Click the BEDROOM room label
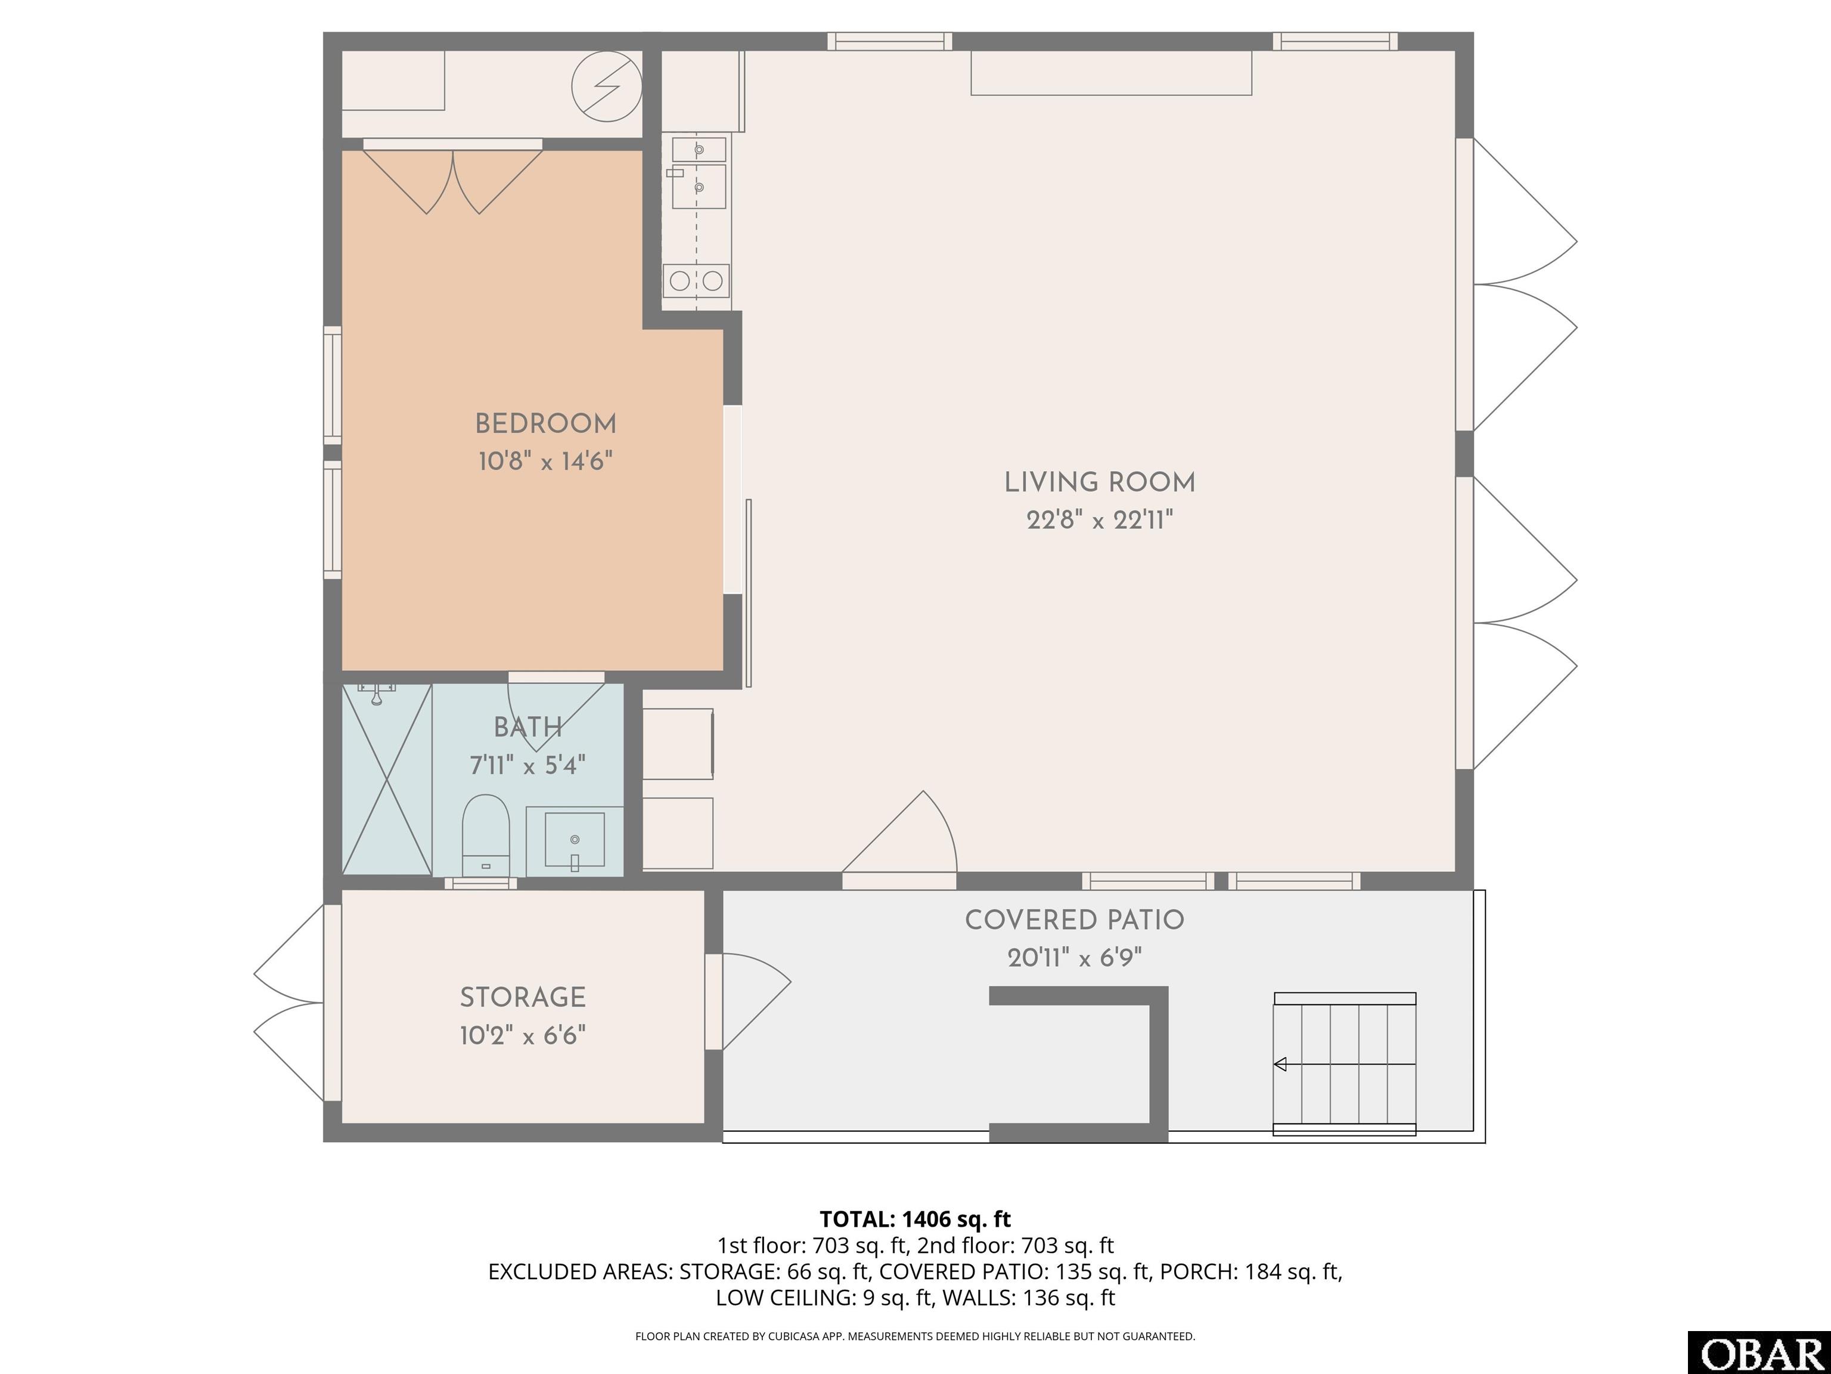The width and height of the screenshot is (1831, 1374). [545, 424]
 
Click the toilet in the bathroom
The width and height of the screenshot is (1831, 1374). [485, 835]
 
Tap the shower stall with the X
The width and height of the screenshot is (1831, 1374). [387, 779]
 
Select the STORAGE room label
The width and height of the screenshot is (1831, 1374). [523, 997]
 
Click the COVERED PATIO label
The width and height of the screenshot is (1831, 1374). [1075, 920]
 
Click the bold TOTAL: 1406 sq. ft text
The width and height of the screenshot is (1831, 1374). [915, 1219]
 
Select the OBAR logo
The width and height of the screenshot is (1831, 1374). [1759, 1353]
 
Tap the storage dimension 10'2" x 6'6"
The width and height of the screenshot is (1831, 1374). [523, 1035]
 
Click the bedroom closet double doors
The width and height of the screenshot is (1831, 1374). [453, 178]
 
